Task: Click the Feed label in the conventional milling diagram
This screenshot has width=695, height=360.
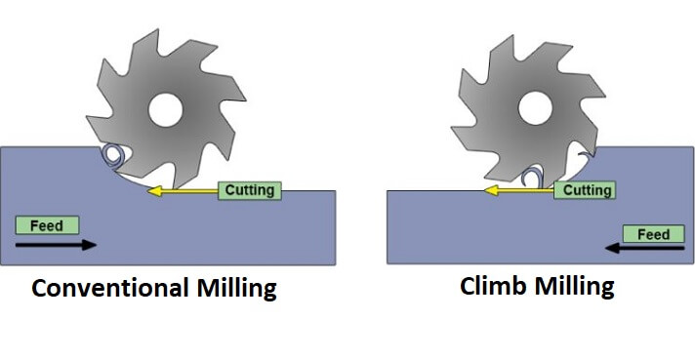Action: (47, 225)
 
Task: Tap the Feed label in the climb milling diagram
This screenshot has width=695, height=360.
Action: (653, 234)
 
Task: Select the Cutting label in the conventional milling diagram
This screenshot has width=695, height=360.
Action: (250, 189)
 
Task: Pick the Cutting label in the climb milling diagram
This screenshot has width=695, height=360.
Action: (588, 190)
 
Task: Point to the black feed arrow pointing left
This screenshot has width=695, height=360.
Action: (643, 250)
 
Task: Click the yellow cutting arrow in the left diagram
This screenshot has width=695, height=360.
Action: (185, 191)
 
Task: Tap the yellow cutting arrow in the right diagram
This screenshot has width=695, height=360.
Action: (522, 190)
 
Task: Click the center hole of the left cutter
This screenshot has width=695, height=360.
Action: (165, 109)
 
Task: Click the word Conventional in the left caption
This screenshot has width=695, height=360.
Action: (102, 289)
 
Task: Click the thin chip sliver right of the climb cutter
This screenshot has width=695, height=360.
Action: (583, 157)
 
